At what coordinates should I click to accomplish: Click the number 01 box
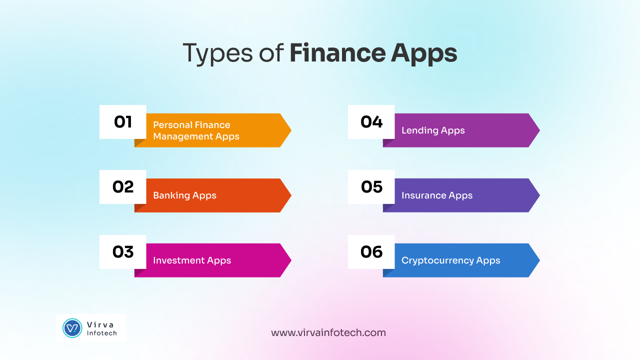click(x=122, y=122)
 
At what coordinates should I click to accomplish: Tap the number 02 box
click(x=122, y=187)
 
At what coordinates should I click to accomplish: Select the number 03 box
click(x=122, y=252)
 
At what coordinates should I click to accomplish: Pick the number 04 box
click(x=371, y=122)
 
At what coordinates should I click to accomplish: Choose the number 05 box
click(x=371, y=187)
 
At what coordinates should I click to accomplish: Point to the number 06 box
click(x=371, y=252)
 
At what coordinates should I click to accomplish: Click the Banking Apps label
click(x=184, y=195)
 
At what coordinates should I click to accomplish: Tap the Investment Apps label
click(x=192, y=260)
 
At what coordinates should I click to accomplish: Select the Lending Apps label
click(x=433, y=130)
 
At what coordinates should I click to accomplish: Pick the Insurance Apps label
click(x=437, y=195)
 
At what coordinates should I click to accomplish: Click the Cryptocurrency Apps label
click(x=450, y=260)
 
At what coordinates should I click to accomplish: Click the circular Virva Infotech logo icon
click(x=72, y=328)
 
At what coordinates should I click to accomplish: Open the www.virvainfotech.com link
click(x=328, y=332)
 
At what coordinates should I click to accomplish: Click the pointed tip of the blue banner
click(x=538, y=260)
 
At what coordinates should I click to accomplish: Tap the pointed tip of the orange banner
click(x=289, y=130)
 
